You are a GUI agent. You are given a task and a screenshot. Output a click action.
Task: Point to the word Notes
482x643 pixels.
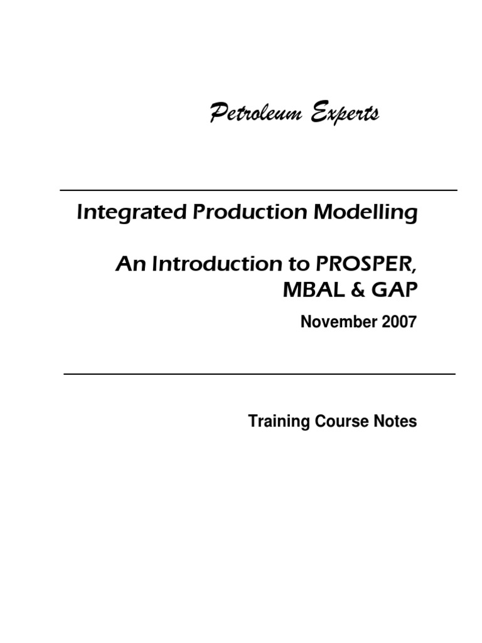395,421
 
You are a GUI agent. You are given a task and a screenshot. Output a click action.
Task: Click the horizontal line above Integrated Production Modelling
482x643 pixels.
258,190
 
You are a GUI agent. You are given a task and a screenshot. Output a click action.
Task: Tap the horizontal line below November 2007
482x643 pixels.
259,374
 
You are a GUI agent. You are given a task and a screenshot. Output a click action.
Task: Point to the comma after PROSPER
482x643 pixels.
414,270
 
